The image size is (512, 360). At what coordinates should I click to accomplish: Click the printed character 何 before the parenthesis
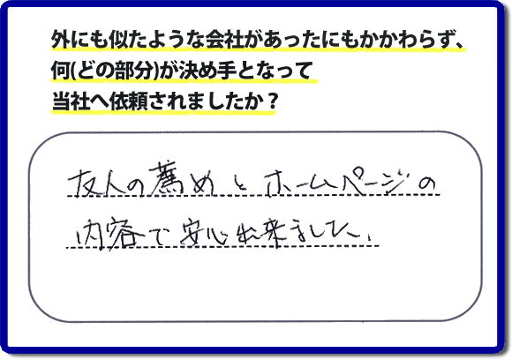coord(60,71)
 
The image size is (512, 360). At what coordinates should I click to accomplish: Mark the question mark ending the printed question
coord(272,101)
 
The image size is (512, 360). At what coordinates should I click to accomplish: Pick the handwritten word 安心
coord(204,233)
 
